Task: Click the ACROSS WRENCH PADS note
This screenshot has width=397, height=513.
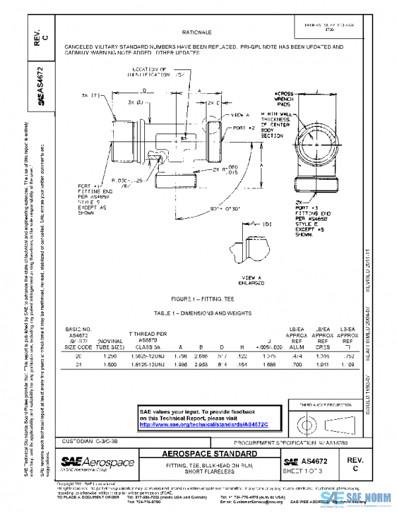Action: (x=285, y=99)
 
